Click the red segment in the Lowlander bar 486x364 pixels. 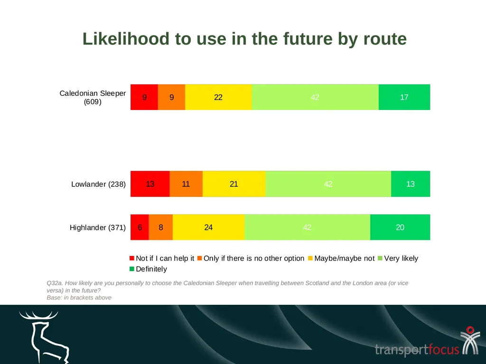[150, 184]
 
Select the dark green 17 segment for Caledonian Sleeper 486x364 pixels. [404, 97]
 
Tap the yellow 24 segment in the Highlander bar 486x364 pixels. [209, 227]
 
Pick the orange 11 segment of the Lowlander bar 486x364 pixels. [186, 184]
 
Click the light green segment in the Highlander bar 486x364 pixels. [307, 227]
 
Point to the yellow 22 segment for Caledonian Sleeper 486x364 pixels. [218, 97]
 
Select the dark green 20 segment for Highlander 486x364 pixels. [400, 227]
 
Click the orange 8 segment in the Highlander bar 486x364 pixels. [160, 227]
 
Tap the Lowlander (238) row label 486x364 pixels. [99, 184]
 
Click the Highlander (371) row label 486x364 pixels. [98, 227]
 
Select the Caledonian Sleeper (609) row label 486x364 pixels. [93, 97]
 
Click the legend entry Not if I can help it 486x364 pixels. [162, 258]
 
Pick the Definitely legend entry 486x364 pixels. [148, 269]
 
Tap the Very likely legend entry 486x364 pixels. [398, 258]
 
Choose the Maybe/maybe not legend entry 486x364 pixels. [341, 258]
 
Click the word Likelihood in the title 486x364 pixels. [126, 39]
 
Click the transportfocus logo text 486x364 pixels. [417, 349]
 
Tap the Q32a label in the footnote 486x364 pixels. [55, 283]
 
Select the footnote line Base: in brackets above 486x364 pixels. [79, 298]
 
